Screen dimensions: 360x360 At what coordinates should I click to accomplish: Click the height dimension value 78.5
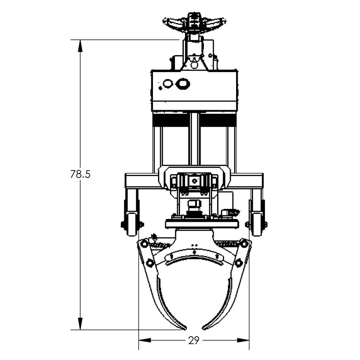coord(80,174)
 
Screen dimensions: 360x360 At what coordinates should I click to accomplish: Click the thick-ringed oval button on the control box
coord(183,84)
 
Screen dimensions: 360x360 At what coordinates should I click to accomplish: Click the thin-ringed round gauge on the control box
coord(168,84)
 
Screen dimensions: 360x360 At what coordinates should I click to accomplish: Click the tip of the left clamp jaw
coord(184,328)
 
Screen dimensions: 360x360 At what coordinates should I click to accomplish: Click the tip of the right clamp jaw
coord(204,328)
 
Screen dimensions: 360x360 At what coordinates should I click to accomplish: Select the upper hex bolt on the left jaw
coord(144,244)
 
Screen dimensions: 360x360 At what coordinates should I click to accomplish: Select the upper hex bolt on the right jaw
coord(244,244)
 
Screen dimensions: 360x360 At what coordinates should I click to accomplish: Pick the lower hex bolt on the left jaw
coord(150,264)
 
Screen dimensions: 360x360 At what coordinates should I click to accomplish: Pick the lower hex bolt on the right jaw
coord(238,264)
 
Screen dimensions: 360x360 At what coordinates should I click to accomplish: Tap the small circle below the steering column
coord(194,65)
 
